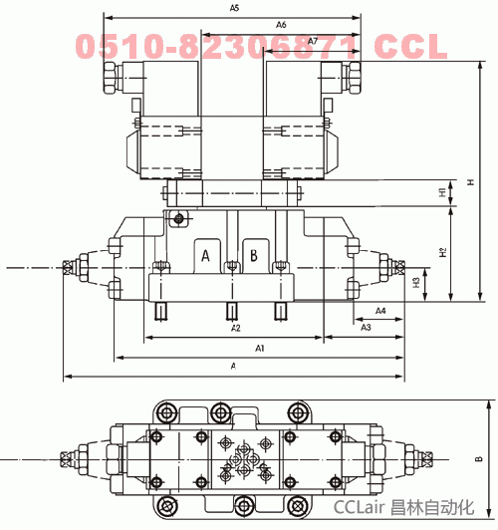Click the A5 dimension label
pos(234,8)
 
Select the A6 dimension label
pos(281,25)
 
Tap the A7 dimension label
pos(313,41)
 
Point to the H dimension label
pos(471,182)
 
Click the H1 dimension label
pos(442,192)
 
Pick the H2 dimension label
pos(442,252)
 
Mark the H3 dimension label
pos(416,283)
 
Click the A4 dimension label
pos(380,311)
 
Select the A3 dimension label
pos(366,327)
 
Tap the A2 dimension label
pos(236,328)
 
